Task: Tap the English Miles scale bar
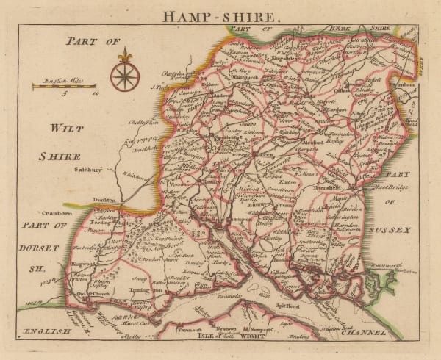click(x=65, y=87)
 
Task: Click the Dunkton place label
click(x=107, y=201)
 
